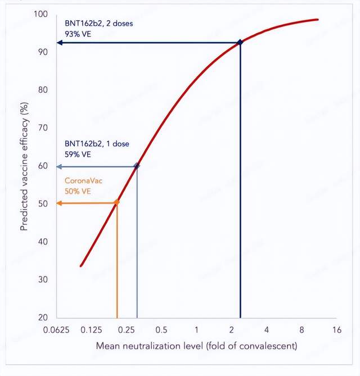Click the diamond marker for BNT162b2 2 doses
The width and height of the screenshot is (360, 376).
pos(241,42)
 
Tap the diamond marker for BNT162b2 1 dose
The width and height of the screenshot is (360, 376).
pos(137,166)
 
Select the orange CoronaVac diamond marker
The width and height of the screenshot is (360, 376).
pos(117,202)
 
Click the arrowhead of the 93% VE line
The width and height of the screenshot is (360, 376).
pos(58,43)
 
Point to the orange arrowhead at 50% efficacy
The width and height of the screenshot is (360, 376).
pos(58,203)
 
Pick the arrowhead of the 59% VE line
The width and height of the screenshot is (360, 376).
pos(58,166)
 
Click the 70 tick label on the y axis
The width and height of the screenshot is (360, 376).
pos(43,128)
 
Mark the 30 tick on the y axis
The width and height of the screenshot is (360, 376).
pos(43,279)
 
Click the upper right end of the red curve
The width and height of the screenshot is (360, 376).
pos(318,20)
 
